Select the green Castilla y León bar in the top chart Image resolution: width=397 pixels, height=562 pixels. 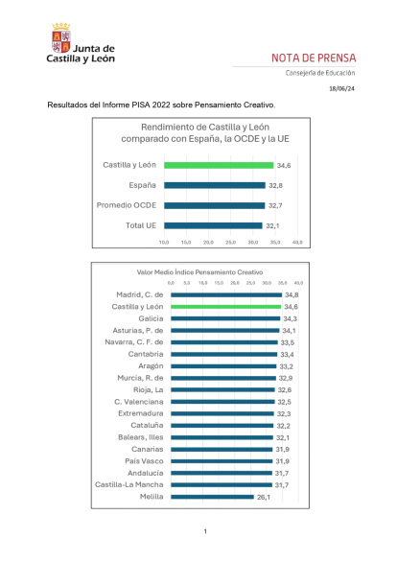tap(219, 165)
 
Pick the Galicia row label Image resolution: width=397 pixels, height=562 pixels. tap(148, 317)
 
